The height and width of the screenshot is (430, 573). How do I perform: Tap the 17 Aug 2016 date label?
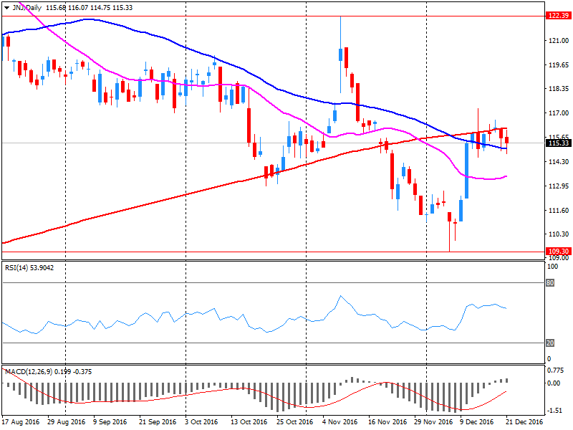[x=19, y=423]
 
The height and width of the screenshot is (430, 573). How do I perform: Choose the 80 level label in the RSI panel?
[x=550, y=282]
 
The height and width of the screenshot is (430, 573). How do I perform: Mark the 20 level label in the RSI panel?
[x=550, y=343]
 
